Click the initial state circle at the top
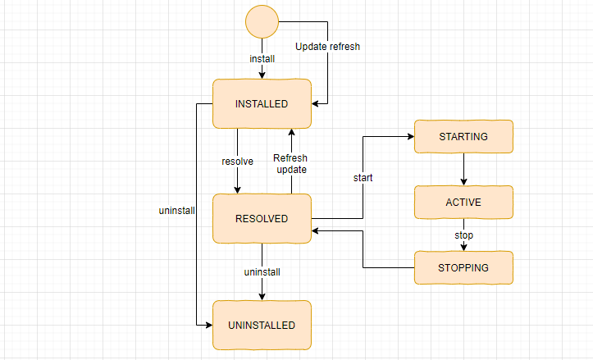262,22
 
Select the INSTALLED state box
262,104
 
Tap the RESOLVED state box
262,219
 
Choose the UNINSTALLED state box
262,326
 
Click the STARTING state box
463,136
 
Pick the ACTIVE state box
463,202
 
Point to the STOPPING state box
463,267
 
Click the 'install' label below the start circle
262,59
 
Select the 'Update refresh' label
327,47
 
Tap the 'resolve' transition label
237,161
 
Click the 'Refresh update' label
290,163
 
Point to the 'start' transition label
363,177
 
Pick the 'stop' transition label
464,235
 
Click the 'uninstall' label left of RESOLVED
176,211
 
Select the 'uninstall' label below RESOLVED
262,271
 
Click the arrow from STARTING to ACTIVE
464,169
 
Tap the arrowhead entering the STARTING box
409,137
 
